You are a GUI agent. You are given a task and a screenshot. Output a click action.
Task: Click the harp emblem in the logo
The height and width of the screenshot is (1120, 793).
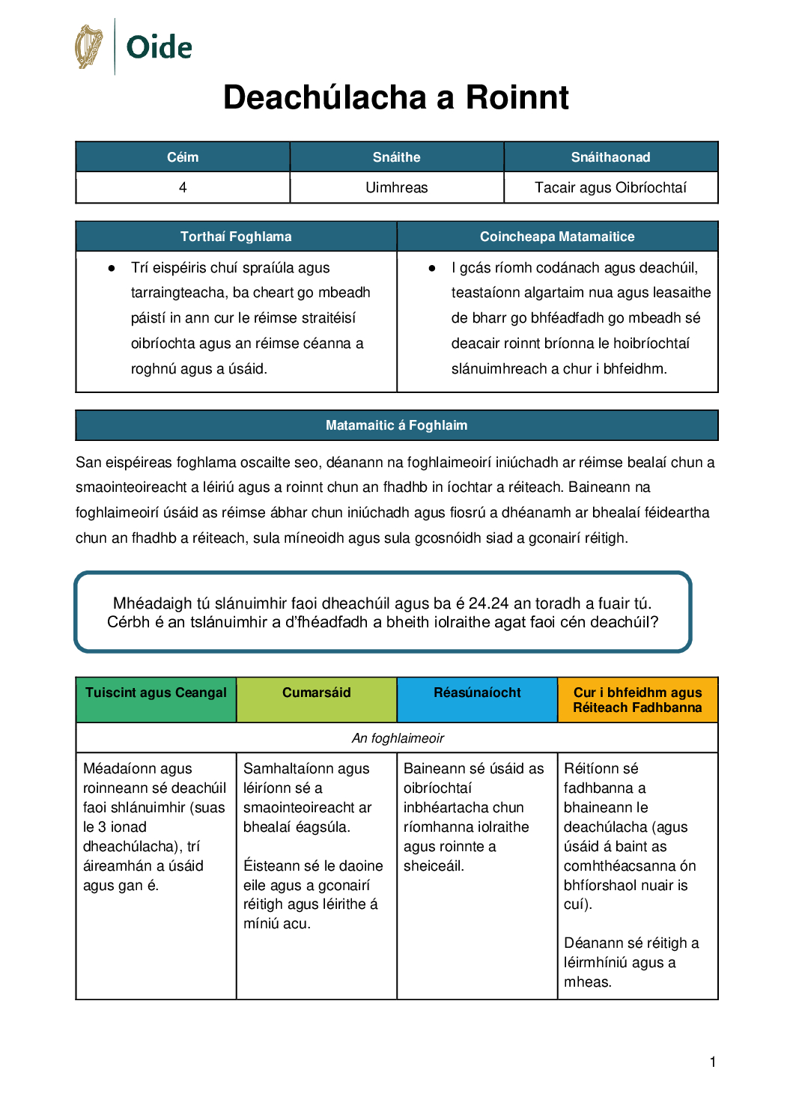tap(89, 46)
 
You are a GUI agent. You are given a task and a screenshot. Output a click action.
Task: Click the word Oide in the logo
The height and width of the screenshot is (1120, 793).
tap(159, 47)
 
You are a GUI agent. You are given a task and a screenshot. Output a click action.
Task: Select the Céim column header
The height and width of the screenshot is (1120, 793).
tap(183, 157)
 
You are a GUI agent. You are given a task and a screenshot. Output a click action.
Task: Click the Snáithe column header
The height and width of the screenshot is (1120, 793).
tap(396, 157)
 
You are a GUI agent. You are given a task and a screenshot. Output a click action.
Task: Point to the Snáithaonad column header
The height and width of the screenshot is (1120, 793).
tap(610, 157)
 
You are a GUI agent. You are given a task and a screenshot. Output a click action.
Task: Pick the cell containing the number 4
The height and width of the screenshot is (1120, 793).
tap(183, 187)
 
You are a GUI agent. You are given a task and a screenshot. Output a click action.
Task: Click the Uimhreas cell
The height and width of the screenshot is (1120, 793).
tap(396, 187)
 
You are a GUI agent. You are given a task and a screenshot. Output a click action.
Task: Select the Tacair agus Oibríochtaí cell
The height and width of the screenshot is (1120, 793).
tap(610, 187)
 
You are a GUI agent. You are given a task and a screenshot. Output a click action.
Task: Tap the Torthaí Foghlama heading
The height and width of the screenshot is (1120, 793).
tap(236, 237)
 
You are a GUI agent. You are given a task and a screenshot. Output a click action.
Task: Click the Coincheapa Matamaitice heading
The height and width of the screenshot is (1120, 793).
tap(557, 237)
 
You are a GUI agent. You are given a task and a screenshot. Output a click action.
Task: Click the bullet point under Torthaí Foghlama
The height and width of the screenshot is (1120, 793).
tap(112, 268)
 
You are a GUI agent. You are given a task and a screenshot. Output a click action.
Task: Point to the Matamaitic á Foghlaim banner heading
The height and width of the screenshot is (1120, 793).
tap(396, 425)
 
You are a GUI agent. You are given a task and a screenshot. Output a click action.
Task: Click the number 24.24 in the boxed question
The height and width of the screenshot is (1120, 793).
tap(488, 603)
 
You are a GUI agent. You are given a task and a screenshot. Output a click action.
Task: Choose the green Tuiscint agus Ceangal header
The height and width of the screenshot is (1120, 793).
tap(156, 693)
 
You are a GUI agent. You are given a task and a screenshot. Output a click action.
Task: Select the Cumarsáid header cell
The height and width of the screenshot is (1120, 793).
tap(316, 693)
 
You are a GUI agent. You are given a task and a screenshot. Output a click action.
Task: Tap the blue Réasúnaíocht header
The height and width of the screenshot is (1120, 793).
tap(477, 693)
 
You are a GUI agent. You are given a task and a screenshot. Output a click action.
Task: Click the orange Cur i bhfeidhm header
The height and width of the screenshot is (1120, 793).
tap(637, 700)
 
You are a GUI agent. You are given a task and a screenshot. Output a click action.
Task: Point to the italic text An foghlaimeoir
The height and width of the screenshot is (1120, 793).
tap(398, 738)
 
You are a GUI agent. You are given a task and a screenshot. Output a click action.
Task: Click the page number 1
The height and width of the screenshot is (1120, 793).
tap(713, 1062)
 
